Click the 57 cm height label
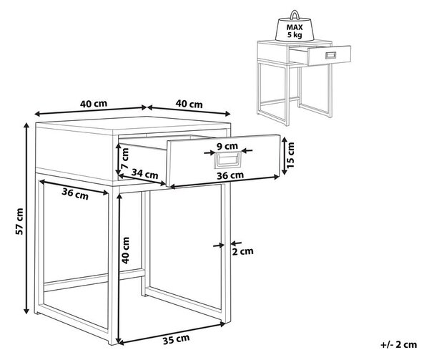[x=19, y=221]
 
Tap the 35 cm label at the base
[x=176, y=339]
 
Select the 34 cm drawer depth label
[x=144, y=174]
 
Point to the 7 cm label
[x=124, y=158]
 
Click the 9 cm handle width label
[x=227, y=146]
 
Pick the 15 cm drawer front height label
[x=290, y=155]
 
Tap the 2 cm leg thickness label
[x=242, y=251]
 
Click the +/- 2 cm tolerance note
[x=399, y=344]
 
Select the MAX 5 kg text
[x=295, y=31]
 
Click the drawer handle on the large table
[x=228, y=160]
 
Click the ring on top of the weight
[x=295, y=14]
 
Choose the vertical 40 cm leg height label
[x=125, y=250]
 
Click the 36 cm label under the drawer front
[x=230, y=175]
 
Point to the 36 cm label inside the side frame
[x=75, y=194]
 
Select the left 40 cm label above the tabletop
[x=94, y=104]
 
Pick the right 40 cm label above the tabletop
[x=189, y=104]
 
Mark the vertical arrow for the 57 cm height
[x=26, y=218]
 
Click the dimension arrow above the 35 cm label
[x=171, y=333]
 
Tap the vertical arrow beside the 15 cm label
[x=285, y=155]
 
